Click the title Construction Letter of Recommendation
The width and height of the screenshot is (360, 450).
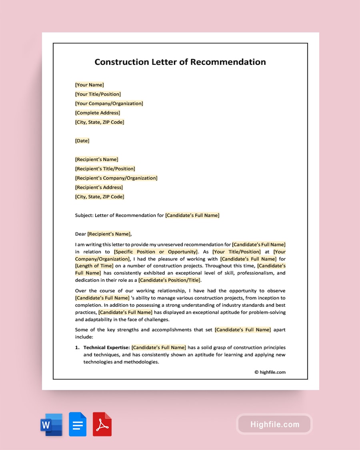[180, 62]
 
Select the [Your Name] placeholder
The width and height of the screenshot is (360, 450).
[90, 85]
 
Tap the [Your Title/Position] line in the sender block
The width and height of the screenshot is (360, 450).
[98, 94]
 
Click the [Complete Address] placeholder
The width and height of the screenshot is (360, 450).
[98, 113]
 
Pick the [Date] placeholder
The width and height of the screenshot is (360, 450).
[82, 141]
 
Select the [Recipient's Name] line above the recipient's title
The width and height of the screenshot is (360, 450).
[97, 159]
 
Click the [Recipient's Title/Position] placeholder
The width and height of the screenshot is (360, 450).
[105, 169]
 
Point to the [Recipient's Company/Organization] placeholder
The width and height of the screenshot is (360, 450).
[116, 178]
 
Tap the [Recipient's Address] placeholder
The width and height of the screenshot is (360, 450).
[99, 187]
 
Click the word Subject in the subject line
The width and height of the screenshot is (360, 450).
[84, 215]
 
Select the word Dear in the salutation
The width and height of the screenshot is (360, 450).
[81, 234]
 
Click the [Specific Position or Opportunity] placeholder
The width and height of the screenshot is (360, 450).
[156, 252]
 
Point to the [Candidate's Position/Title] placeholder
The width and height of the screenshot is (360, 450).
[170, 280]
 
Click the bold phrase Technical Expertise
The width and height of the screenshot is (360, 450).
[106, 348]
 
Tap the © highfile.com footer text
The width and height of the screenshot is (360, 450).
[270, 372]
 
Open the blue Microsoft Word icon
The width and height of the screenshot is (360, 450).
[52, 424]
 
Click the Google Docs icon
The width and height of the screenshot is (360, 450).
[78, 424]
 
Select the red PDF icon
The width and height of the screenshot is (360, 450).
[102, 424]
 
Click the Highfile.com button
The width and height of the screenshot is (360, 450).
[274, 424]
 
